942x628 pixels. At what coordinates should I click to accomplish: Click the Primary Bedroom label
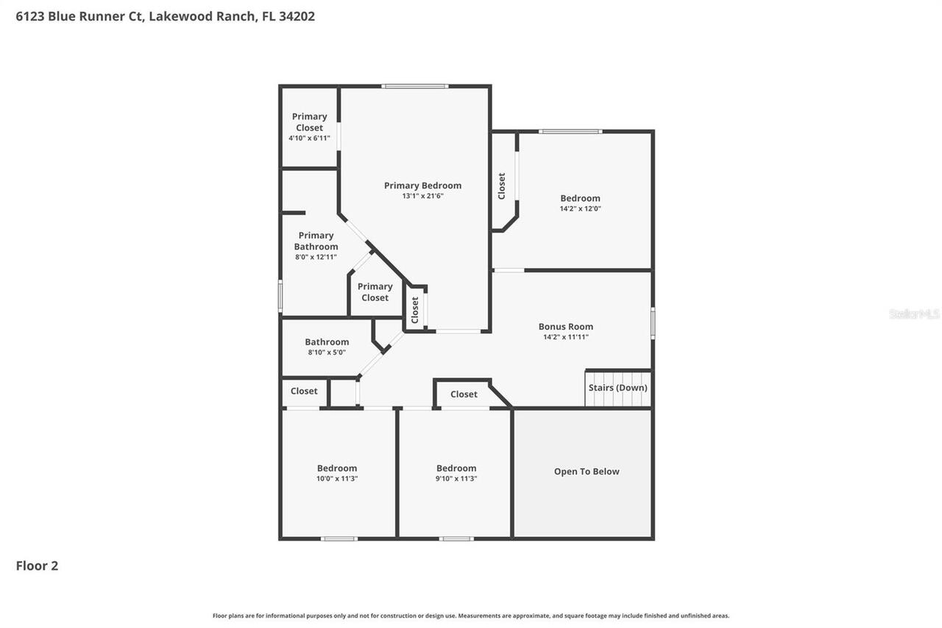click(x=422, y=186)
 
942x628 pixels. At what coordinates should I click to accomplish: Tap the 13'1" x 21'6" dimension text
click(x=422, y=196)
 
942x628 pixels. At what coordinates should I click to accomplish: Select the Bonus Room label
click(x=565, y=327)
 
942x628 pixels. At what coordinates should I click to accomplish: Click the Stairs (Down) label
click(x=618, y=388)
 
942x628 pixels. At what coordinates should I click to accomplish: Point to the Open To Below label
click(x=587, y=472)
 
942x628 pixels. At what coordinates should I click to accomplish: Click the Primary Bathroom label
click(x=316, y=241)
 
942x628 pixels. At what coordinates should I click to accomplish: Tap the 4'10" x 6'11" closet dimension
click(x=309, y=138)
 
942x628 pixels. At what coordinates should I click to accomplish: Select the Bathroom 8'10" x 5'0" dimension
click(x=327, y=353)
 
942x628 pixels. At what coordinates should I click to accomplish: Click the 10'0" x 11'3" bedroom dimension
click(x=337, y=479)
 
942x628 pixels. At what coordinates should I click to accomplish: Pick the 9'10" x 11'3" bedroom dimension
click(x=456, y=479)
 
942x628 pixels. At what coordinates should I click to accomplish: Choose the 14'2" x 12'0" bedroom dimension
click(x=580, y=208)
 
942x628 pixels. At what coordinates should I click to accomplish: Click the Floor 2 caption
click(x=37, y=566)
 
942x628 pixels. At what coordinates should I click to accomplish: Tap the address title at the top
click(x=166, y=16)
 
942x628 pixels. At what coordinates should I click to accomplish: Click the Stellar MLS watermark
click(x=914, y=314)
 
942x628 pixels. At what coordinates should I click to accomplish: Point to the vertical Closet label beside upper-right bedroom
click(x=502, y=186)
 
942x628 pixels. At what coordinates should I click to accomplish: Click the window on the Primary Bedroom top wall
click(x=414, y=86)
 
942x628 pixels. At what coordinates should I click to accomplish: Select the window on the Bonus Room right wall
click(x=653, y=323)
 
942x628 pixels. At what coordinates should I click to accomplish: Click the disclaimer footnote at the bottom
click(x=471, y=615)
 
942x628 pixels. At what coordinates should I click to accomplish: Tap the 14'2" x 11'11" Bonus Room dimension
click(x=565, y=337)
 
